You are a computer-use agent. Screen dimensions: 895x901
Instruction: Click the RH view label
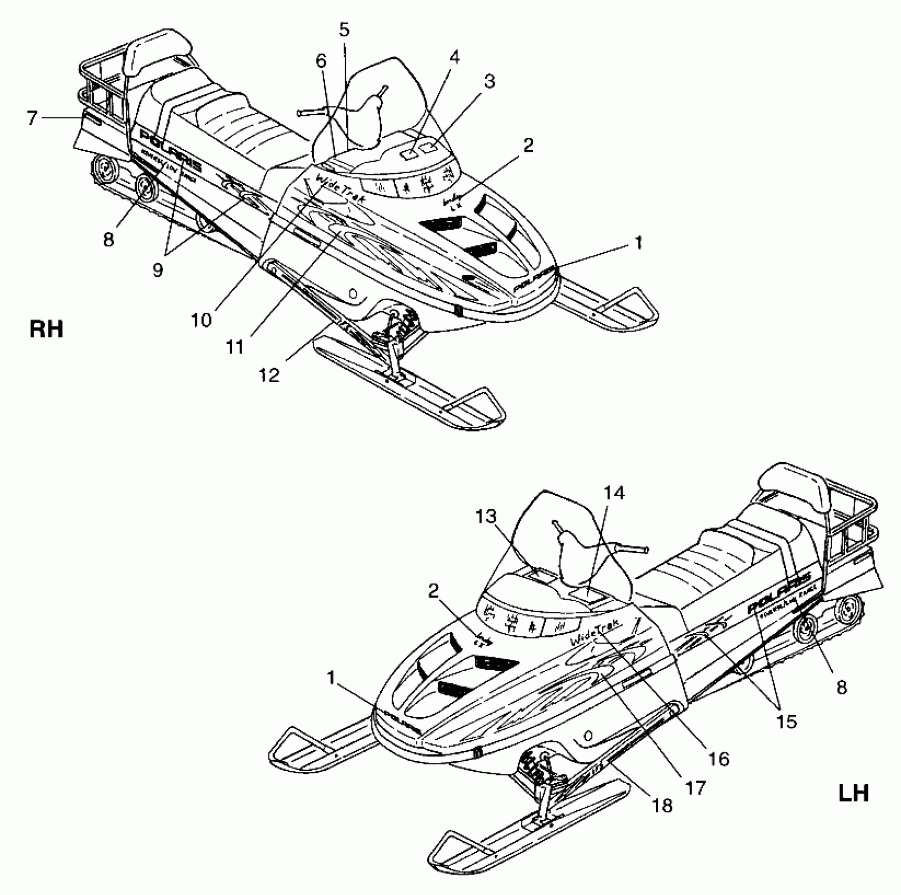click(x=46, y=329)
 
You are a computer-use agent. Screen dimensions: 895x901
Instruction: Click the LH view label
click(x=853, y=792)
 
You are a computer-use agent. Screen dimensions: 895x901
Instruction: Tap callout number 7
click(x=33, y=118)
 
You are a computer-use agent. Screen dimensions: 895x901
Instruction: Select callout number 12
click(x=269, y=375)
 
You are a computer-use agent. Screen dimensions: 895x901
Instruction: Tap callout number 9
click(x=157, y=270)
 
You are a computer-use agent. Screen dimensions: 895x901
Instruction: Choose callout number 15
click(x=786, y=721)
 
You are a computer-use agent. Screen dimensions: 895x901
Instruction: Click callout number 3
click(x=489, y=82)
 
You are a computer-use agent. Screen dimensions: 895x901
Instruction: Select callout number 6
click(x=321, y=62)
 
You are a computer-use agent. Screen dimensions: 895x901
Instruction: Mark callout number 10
click(x=201, y=319)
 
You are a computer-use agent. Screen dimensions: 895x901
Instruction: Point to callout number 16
click(x=719, y=759)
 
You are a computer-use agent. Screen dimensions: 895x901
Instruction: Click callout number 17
click(x=696, y=787)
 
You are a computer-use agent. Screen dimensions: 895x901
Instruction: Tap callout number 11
click(x=235, y=346)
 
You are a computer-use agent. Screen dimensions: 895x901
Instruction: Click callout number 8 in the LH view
click(x=842, y=687)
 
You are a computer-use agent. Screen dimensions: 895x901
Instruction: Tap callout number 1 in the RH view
click(x=638, y=243)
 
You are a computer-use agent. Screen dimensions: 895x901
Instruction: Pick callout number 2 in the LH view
click(x=433, y=592)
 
